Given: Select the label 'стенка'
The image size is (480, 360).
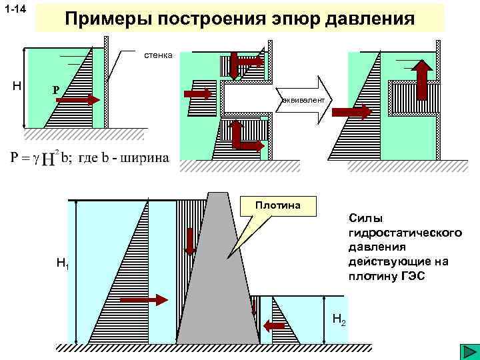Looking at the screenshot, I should coord(159,55).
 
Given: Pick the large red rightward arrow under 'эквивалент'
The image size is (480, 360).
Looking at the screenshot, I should coord(351,111).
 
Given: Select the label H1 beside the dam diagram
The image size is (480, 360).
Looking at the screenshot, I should coord(63,265).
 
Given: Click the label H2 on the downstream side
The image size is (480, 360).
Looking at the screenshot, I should coord(338,321).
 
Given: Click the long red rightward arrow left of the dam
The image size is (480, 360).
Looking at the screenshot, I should coord(147,300).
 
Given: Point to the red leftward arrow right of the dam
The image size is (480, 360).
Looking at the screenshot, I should coord(274,325).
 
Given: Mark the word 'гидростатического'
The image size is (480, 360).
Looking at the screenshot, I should coord(405,232).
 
